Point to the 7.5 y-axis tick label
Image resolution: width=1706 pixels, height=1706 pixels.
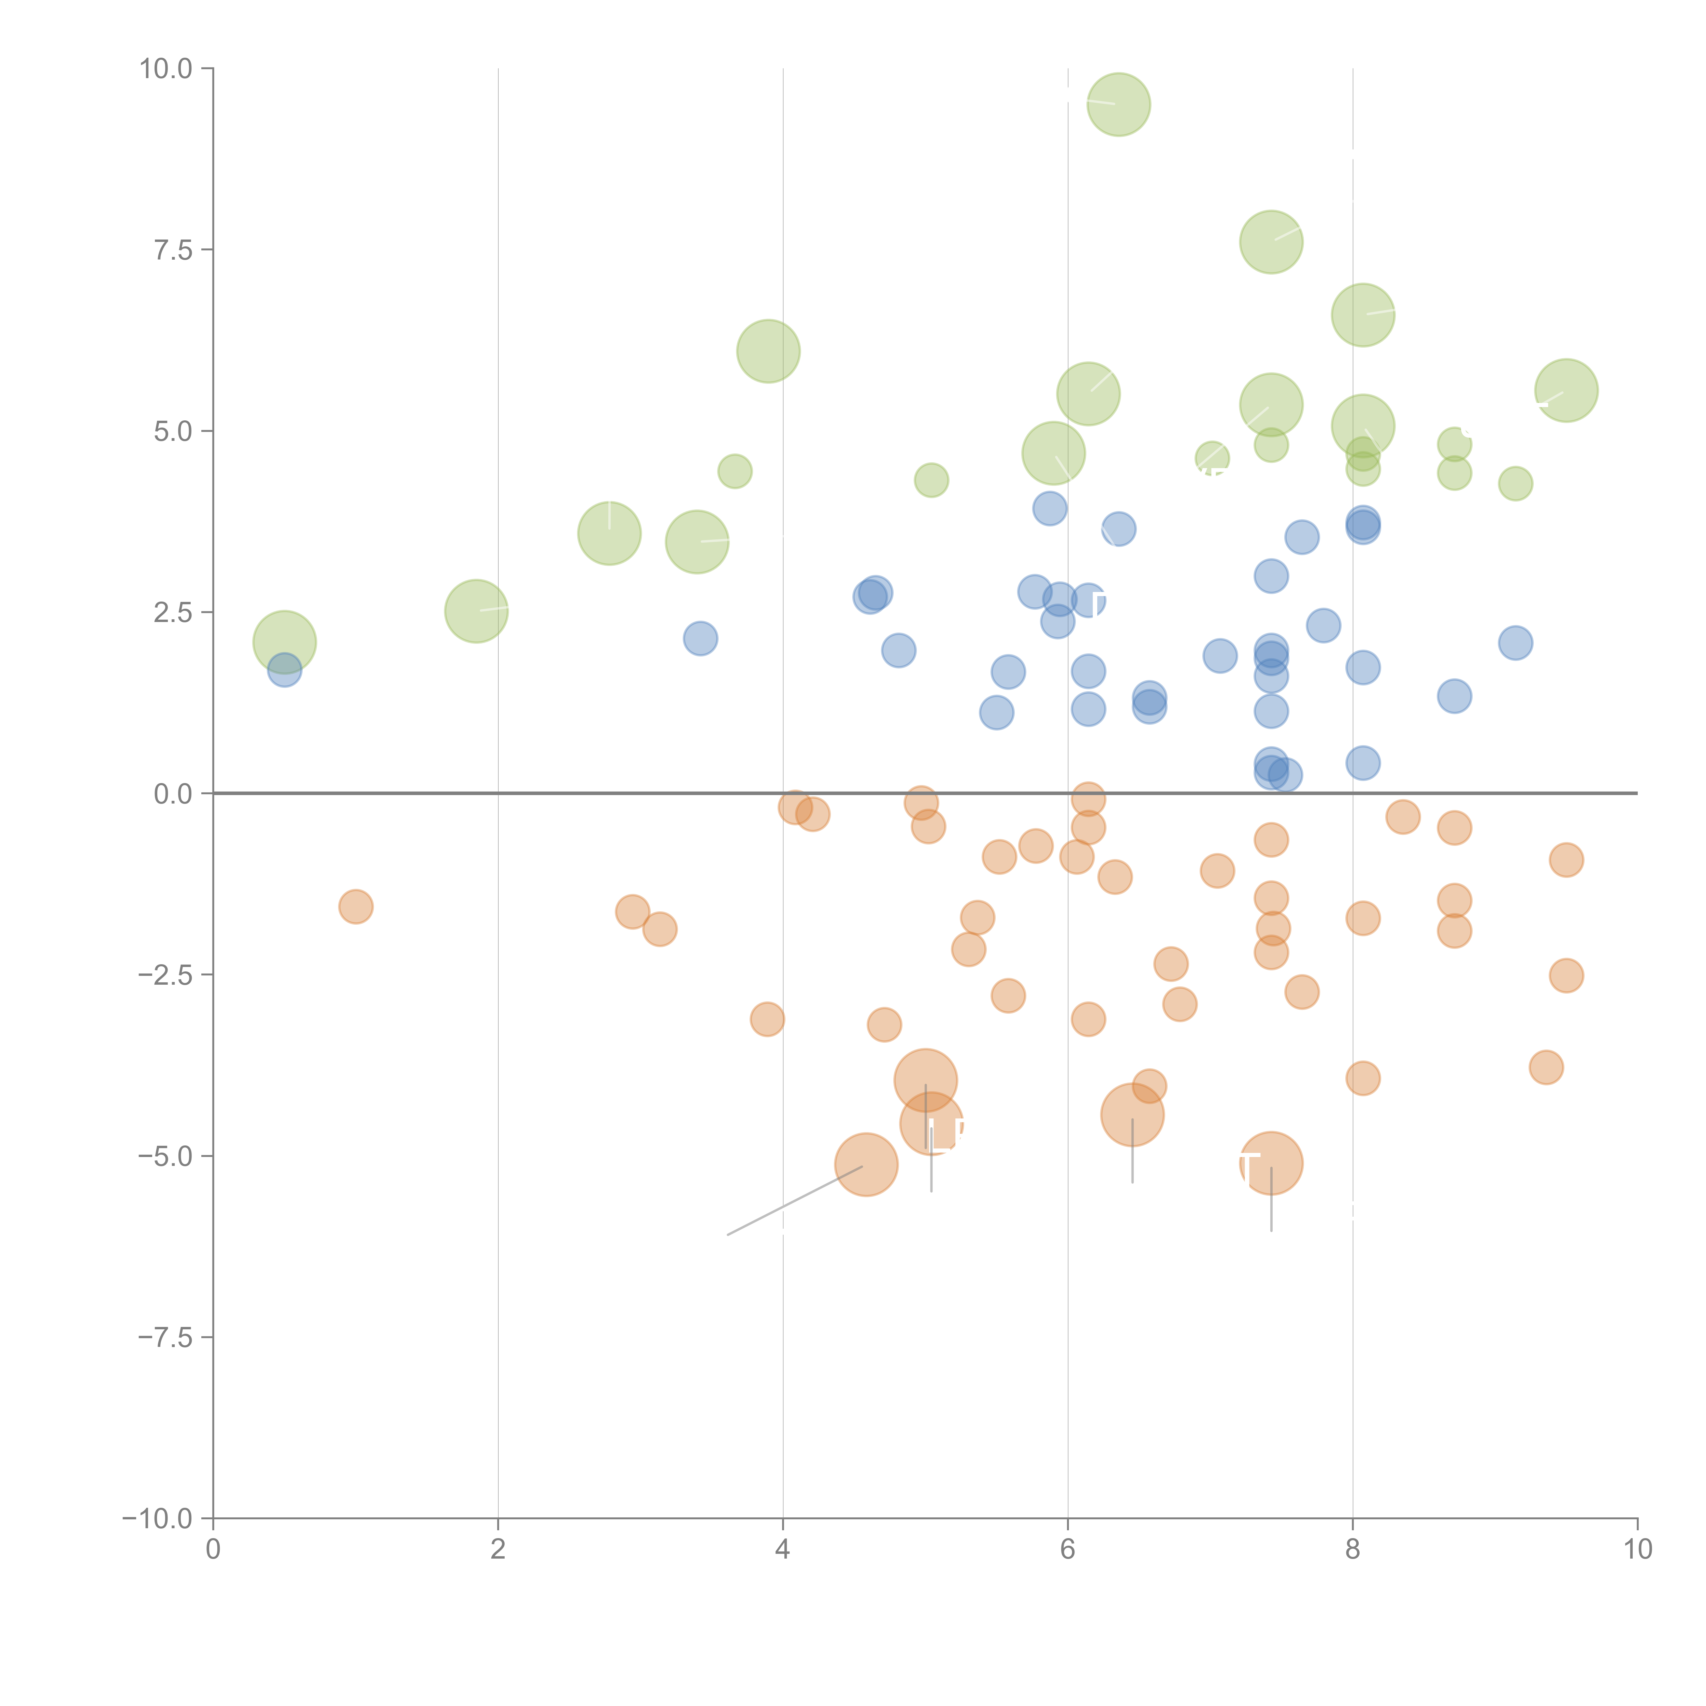click(173, 250)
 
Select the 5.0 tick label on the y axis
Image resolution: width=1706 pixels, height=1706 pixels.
click(173, 431)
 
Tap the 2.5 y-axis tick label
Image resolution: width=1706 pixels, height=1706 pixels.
click(173, 612)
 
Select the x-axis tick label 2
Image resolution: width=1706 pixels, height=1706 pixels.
click(498, 1550)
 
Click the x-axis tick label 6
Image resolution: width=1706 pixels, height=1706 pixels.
click(1068, 1550)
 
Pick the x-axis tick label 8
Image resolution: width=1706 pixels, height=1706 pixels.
click(1353, 1550)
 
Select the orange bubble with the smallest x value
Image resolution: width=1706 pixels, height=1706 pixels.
click(356, 906)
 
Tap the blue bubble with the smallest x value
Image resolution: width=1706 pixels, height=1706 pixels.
click(284, 670)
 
